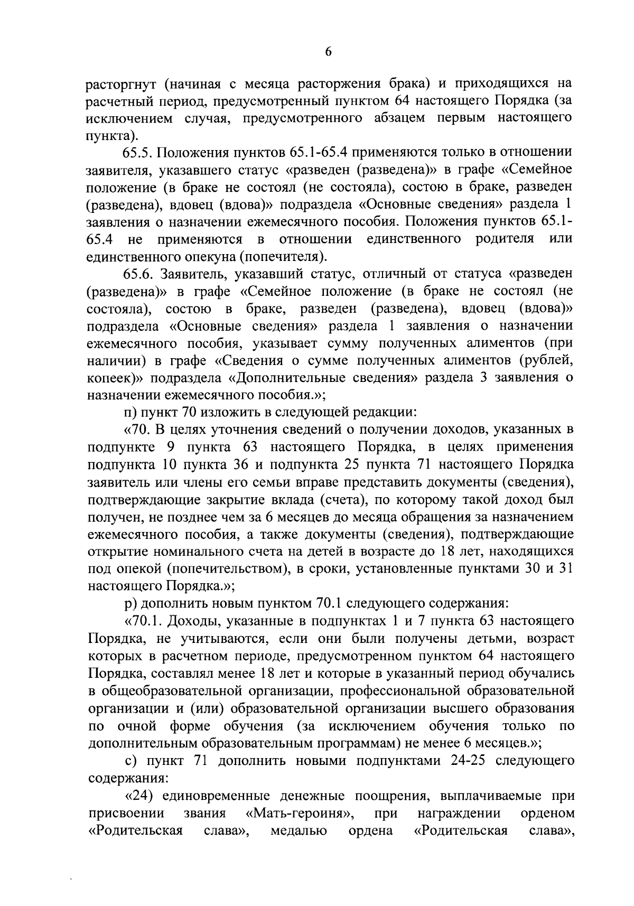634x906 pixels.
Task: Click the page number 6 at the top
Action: [x=328, y=51]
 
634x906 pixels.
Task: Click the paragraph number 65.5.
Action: [x=137, y=153]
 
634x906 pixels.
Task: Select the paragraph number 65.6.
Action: [x=137, y=274]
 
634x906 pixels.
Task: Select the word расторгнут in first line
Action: [x=120, y=83]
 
